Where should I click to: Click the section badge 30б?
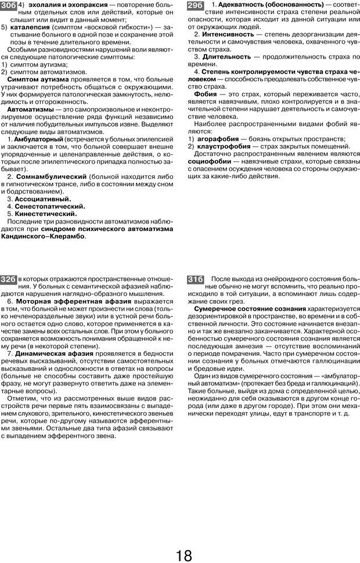tap(9, 6)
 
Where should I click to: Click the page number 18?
tap(183, 555)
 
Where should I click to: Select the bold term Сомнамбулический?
tap(52, 176)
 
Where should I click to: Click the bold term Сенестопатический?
tap(50, 206)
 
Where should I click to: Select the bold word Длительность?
tap(226, 57)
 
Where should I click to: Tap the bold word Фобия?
tap(206, 94)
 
